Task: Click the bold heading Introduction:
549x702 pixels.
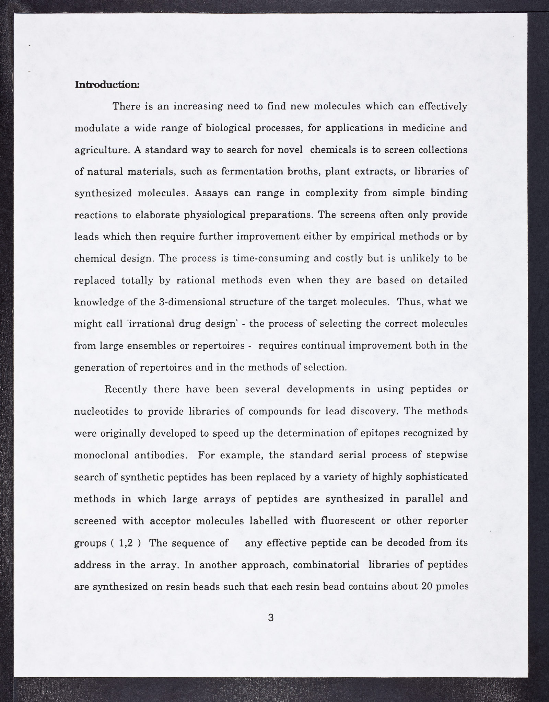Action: tap(107, 84)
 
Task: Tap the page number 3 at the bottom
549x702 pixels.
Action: tap(271, 618)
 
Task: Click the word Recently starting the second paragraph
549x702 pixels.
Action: tap(125, 390)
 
